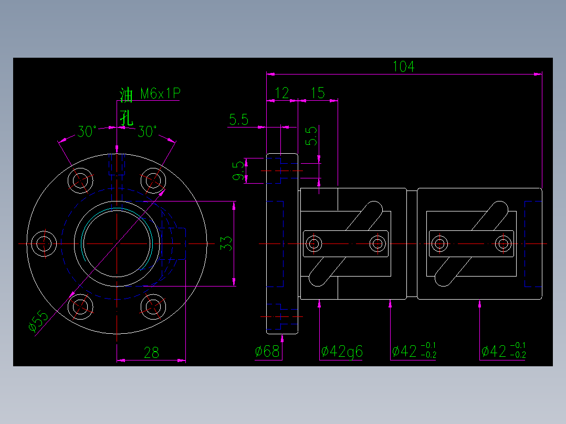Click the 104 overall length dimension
pyautogui.click(x=403, y=67)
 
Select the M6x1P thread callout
pyautogui.click(x=161, y=94)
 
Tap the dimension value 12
pyautogui.click(x=282, y=93)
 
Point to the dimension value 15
pyautogui.click(x=318, y=93)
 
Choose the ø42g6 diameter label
pyautogui.click(x=342, y=351)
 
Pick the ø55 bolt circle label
pyautogui.click(x=38, y=321)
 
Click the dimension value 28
pyautogui.click(x=151, y=353)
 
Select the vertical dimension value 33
pyautogui.click(x=226, y=243)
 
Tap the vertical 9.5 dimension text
pyautogui.click(x=239, y=171)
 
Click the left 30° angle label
pyautogui.click(x=87, y=132)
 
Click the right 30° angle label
pyautogui.click(x=147, y=132)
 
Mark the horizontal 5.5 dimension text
pyautogui.click(x=238, y=120)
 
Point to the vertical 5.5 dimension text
pyautogui.click(x=311, y=135)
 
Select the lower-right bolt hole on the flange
pyautogui.click(x=153, y=306)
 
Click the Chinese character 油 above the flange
pyautogui.click(x=126, y=95)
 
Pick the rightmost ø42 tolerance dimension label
pyautogui.click(x=503, y=351)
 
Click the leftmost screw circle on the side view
pyautogui.click(x=315, y=243)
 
